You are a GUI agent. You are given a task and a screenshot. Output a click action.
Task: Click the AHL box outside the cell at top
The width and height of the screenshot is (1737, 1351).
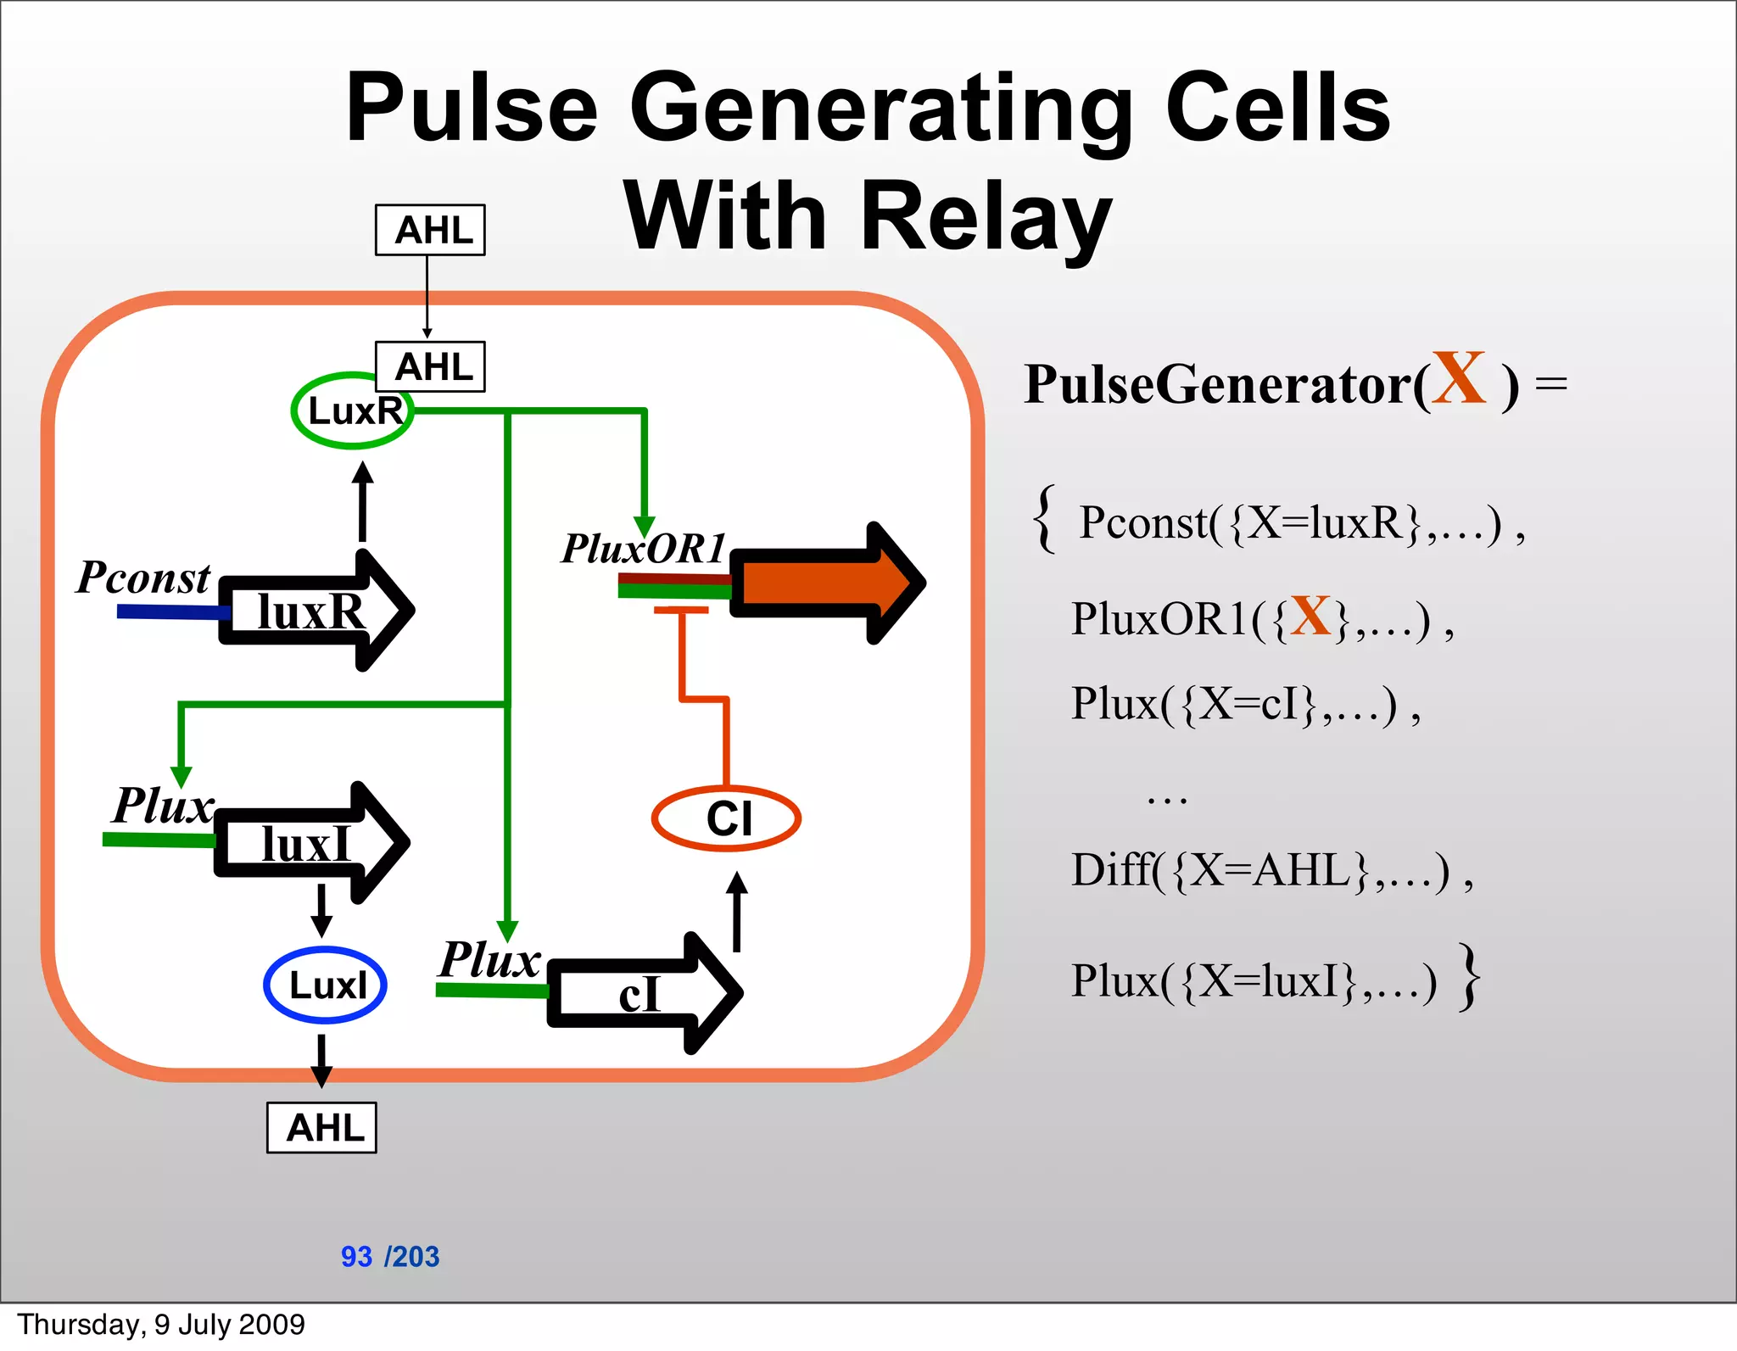(x=430, y=230)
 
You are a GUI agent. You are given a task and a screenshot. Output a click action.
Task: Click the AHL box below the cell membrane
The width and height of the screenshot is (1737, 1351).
(x=321, y=1127)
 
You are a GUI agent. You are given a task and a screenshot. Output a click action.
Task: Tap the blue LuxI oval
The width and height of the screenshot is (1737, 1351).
(x=326, y=985)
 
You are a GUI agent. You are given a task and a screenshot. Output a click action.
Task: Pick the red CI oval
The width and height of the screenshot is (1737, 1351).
(x=726, y=818)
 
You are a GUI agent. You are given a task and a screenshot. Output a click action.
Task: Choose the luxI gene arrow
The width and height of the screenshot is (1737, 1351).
(x=310, y=843)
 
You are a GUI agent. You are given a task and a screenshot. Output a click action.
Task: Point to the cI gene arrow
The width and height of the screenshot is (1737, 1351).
(x=645, y=993)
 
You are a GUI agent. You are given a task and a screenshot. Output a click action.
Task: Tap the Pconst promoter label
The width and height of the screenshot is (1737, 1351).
(x=142, y=578)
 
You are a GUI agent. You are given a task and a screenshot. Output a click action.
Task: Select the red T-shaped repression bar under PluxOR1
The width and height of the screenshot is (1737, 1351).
(x=681, y=611)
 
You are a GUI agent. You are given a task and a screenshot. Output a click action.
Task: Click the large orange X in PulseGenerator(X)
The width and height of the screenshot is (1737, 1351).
(x=1459, y=379)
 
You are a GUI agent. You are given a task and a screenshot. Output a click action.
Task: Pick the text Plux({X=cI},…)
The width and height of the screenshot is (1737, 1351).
(x=1244, y=704)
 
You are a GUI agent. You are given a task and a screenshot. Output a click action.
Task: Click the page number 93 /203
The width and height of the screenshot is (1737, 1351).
(x=390, y=1256)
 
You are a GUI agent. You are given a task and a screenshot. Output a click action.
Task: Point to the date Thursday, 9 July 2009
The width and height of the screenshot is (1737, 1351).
(x=161, y=1324)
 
